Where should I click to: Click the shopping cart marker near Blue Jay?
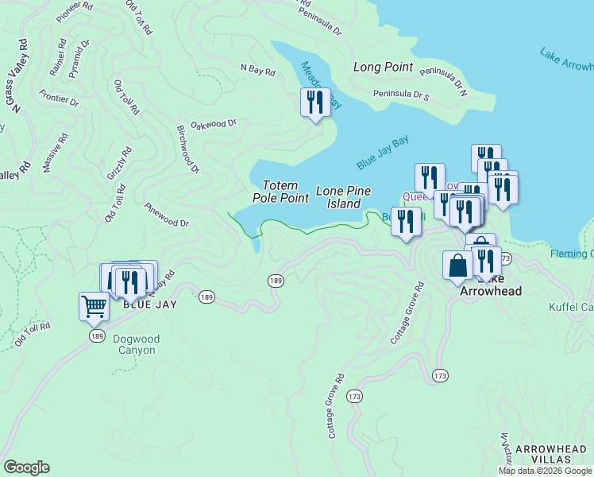click(x=94, y=306)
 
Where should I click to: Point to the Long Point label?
click(x=383, y=68)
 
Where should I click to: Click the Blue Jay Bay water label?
click(x=383, y=152)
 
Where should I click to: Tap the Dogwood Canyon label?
click(x=136, y=344)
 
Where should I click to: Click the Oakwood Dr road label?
click(x=214, y=123)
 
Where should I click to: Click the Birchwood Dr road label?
click(x=188, y=149)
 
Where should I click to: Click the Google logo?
click(x=26, y=467)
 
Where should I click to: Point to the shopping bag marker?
click(x=459, y=266)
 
